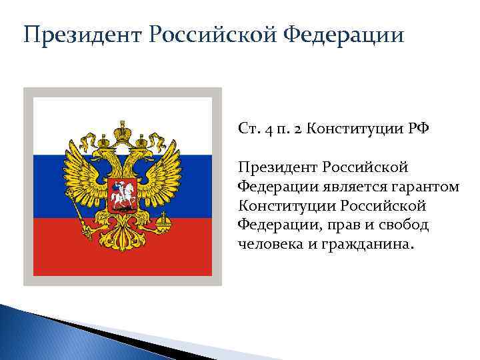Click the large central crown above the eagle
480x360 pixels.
click(x=123, y=131)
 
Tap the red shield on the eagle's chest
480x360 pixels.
click(x=123, y=190)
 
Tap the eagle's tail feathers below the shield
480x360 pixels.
click(x=123, y=237)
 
